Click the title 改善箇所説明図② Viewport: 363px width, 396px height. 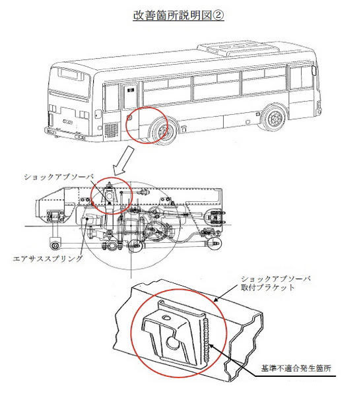coord(178,15)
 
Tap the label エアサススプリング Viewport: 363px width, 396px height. coord(48,258)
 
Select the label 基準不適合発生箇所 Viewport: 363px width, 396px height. coord(296,368)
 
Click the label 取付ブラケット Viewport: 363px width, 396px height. coord(268,287)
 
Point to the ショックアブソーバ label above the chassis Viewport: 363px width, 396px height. coord(59,177)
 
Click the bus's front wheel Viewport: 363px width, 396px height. coord(275,118)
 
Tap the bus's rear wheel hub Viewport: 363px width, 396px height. coord(162,131)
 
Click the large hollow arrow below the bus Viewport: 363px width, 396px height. coord(124,160)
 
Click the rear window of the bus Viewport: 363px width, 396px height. coord(71,74)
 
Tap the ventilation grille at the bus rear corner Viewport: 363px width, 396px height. coord(111,130)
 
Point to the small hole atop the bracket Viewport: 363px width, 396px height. coord(166,317)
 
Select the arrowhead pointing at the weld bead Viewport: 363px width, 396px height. coord(211,346)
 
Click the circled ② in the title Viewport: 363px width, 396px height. coord(218,15)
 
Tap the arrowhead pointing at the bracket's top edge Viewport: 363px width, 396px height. coord(216,300)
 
